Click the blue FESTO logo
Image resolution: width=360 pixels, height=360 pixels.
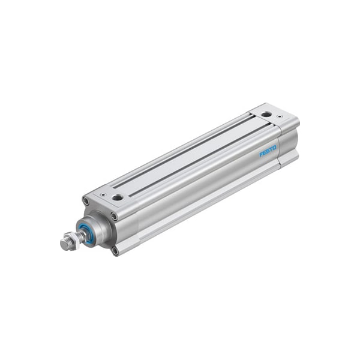268,151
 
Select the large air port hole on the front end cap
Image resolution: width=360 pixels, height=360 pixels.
118,197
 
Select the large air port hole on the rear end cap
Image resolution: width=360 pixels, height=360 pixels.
266,114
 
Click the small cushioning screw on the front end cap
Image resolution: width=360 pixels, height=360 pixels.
103,194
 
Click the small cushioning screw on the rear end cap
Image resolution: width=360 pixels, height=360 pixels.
279,116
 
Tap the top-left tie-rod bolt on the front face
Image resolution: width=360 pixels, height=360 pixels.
86,202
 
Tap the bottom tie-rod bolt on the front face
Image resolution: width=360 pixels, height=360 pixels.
115,251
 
